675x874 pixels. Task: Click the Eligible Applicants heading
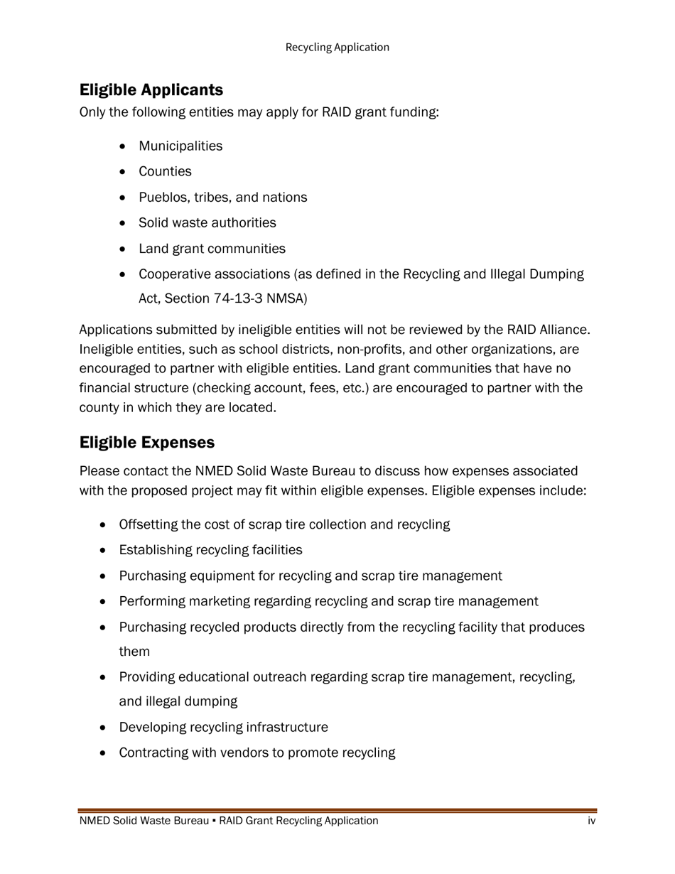point(151,90)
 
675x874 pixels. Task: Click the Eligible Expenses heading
point(147,443)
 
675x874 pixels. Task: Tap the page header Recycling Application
point(337,48)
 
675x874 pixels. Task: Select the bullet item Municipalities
point(180,146)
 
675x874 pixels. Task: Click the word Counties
point(165,172)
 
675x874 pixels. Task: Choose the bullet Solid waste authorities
point(207,223)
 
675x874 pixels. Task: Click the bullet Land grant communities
point(212,249)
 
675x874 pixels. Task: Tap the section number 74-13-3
point(240,298)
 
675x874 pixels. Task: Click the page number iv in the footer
point(591,821)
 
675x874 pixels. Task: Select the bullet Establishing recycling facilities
point(210,550)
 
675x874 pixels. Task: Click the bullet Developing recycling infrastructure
point(223,728)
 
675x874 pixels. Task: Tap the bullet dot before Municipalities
point(124,146)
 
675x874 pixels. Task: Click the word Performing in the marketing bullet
point(149,602)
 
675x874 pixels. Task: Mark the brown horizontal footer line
point(337,810)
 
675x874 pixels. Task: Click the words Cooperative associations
point(214,274)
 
